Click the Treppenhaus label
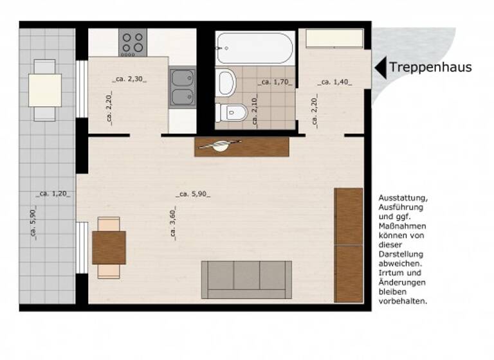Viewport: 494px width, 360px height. pyautogui.click(x=430, y=67)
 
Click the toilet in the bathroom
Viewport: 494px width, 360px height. pyautogui.click(x=231, y=112)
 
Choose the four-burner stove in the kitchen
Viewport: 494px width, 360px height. pyautogui.click(x=133, y=42)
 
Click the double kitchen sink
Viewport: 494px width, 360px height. pyautogui.click(x=182, y=87)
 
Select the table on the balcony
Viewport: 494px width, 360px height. pyautogui.click(x=45, y=90)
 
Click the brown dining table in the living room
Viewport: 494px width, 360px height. pyautogui.click(x=109, y=248)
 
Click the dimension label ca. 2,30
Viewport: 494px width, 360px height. pyautogui.click(x=129, y=80)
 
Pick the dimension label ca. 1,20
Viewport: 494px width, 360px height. pyautogui.click(x=54, y=193)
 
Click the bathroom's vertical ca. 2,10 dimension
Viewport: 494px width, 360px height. pyautogui.click(x=255, y=109)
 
